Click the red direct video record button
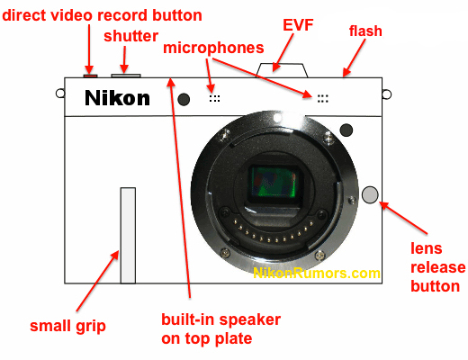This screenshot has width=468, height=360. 90,76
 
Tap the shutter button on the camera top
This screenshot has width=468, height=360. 126,76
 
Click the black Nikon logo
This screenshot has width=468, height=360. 117,98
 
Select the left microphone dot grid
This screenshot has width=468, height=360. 214,98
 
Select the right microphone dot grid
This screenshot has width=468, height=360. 323,98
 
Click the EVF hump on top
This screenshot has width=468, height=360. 282,70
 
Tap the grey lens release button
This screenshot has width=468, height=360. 370,194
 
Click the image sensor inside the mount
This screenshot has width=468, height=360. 273,183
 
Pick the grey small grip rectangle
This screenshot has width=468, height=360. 128,236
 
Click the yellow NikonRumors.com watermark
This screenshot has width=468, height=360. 317,273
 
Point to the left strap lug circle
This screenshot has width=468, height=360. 60,94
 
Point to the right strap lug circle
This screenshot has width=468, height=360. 387,94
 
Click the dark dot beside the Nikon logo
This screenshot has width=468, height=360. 184,99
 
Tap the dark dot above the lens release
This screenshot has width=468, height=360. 346,130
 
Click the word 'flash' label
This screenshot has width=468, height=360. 365,31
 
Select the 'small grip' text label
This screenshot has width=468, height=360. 67,327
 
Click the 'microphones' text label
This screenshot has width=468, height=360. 213,48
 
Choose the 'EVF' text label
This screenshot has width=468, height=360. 298,25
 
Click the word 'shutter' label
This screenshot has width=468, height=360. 130,36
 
